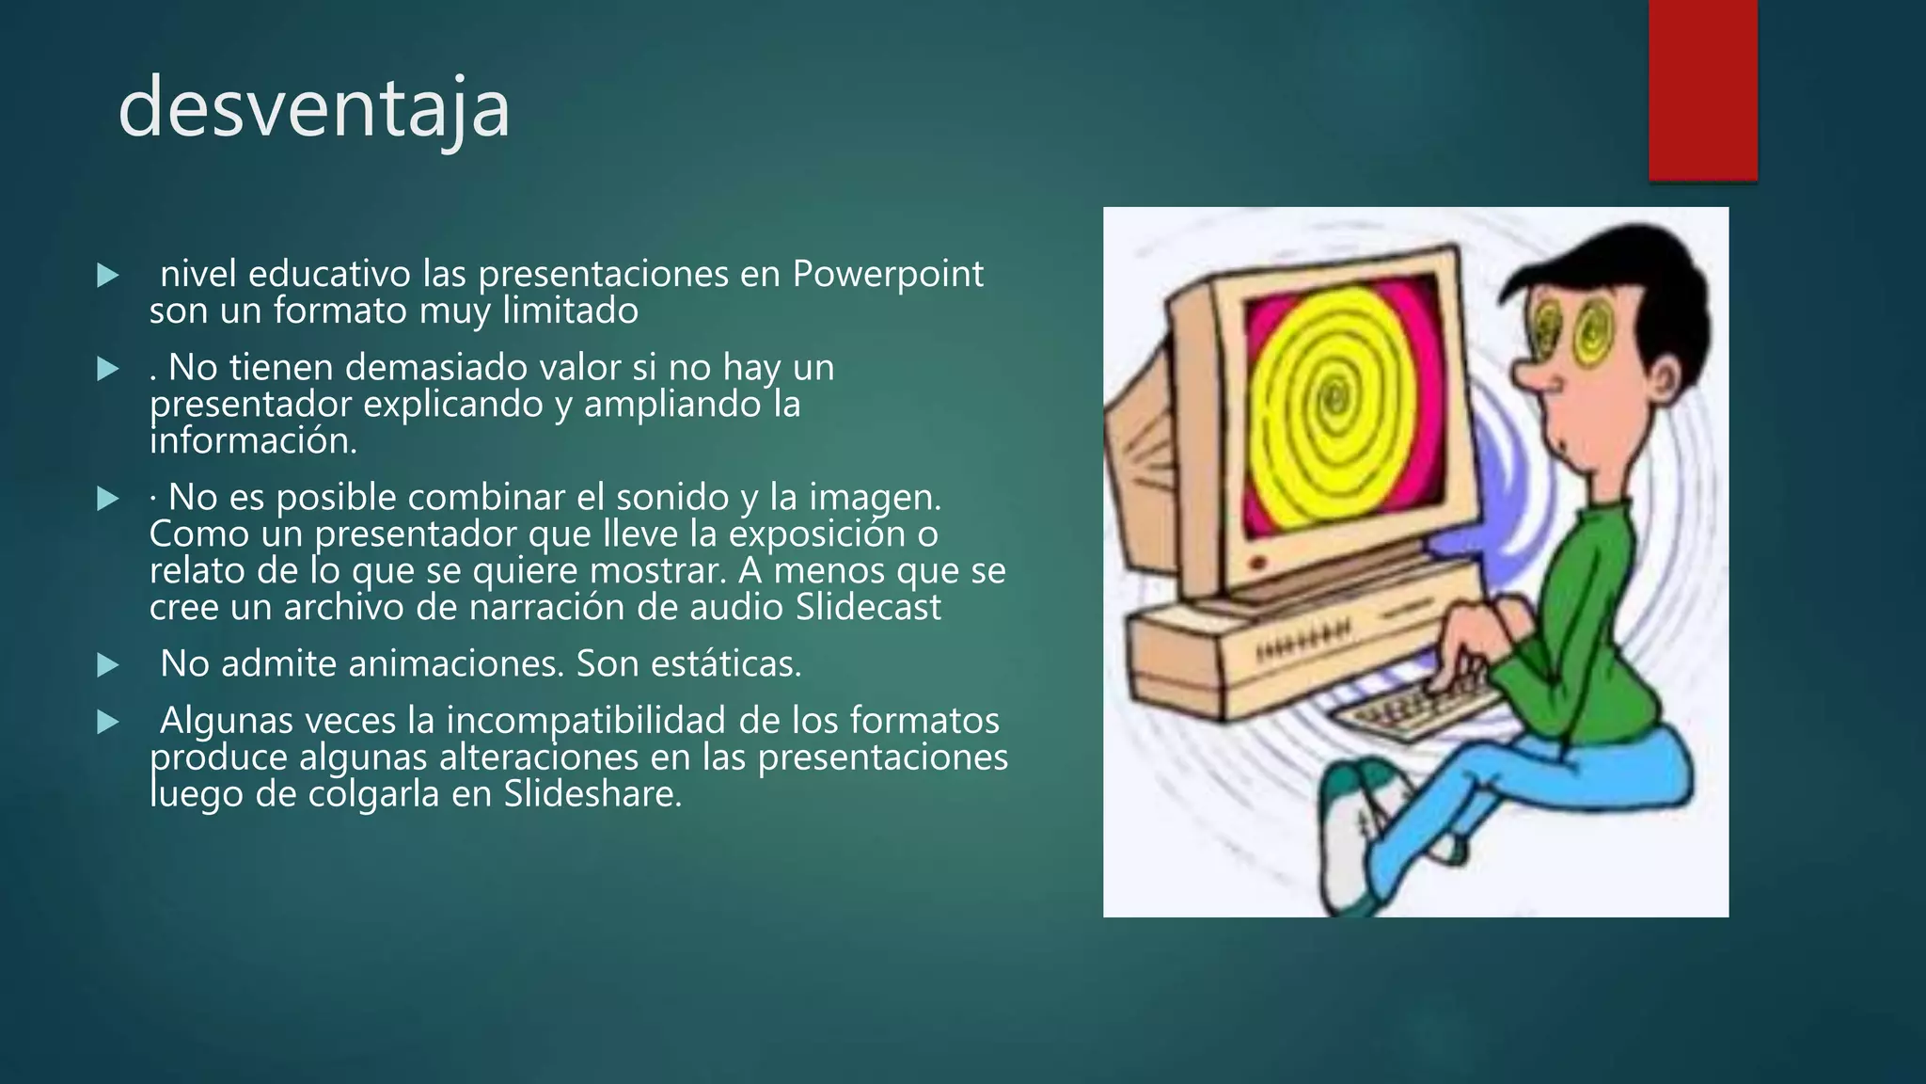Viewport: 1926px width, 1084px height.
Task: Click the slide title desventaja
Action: tap(314, 109)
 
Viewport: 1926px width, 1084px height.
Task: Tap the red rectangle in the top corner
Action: tap(1702, 89)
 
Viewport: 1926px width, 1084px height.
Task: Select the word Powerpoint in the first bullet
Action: tap(888, 274)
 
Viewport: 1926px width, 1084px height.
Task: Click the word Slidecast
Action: tap(867, 608)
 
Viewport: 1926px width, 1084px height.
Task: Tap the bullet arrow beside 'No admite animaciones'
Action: tap(108, 666)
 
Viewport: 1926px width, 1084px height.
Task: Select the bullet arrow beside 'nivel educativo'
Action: tap(108, 276)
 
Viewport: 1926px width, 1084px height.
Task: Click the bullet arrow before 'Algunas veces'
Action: tap(108, 723)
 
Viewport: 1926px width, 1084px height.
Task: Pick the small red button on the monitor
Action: tap(1256, 563)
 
